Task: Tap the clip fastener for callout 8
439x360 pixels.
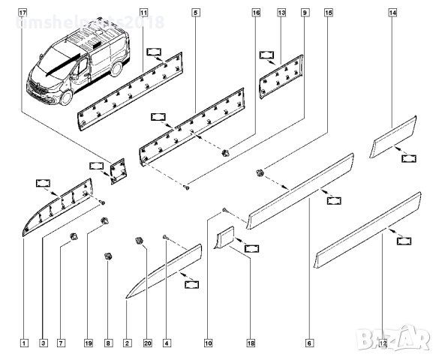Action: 108,256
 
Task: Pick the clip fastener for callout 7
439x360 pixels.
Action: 74,238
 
